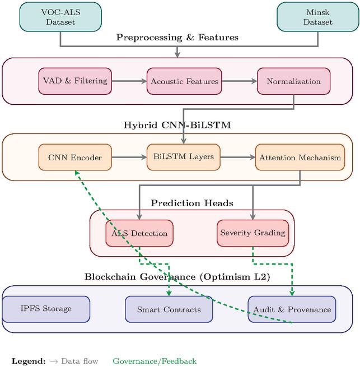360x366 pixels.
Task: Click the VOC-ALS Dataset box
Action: pos(60,16)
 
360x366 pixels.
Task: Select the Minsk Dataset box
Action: pos(317,16)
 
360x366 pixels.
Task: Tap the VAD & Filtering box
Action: pos(75,81)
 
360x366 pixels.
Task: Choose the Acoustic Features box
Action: pos(184,81)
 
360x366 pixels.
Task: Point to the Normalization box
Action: pos(293,81)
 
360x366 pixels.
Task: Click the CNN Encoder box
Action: pos(74,157)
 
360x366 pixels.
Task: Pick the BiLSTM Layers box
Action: pos(184,157)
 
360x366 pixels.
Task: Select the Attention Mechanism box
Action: pos(300,157)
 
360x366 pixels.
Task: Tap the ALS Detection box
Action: pos(139,233)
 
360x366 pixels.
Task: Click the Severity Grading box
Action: pos(253,233)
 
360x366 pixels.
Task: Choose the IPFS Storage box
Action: pos(46,309)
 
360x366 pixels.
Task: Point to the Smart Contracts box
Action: pos(169,309)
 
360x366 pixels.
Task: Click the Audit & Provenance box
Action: pos(292,309)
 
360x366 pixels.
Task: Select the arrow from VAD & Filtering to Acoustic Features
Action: pos(129,81)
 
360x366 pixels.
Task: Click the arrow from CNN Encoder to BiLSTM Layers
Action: pos(128,157)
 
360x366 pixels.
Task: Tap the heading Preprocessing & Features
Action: pos(177,38)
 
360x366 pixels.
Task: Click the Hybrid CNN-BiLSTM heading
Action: pos(177,124)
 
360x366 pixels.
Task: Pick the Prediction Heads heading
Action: pos(192,202)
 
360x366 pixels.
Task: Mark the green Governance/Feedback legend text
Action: pos(155,362)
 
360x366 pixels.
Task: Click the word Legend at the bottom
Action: pos(28,362)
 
